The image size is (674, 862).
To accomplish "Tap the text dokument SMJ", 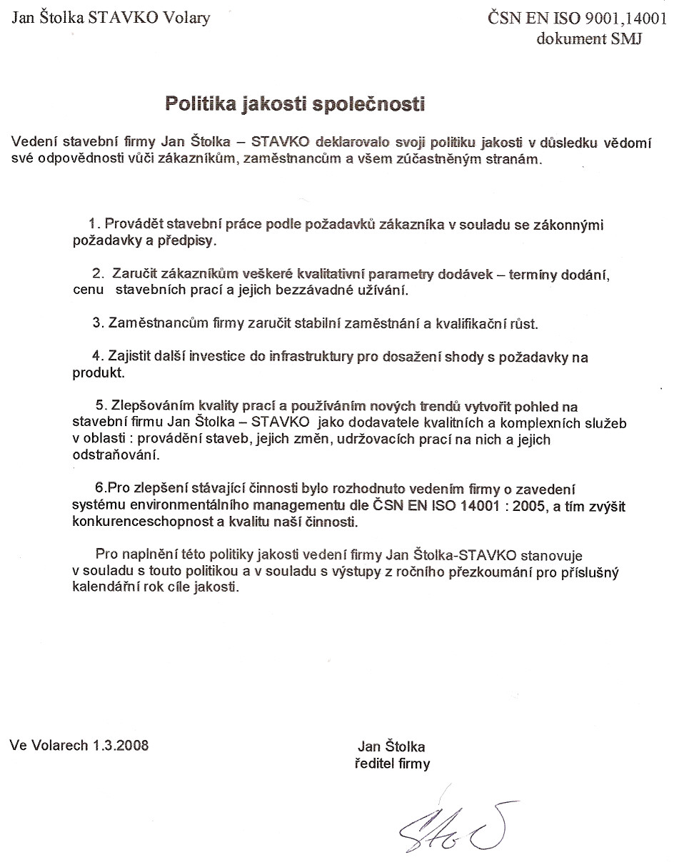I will click(588, 39).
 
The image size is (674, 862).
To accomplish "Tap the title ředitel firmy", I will click(392, 764).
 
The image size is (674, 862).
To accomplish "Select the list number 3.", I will click(98, 323).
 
